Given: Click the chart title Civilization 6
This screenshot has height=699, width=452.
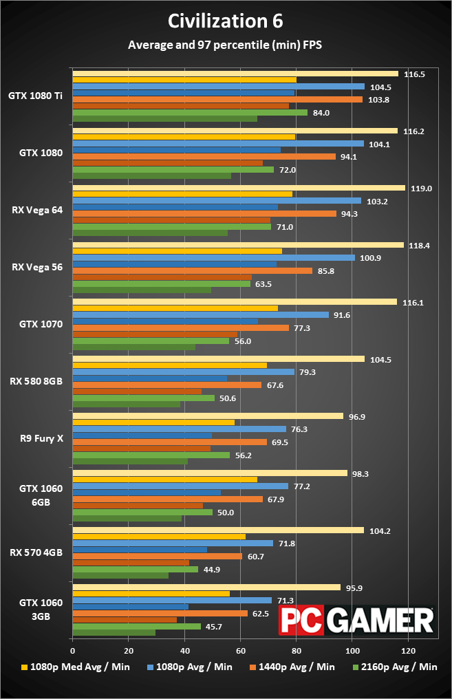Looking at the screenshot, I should tap(226, 21).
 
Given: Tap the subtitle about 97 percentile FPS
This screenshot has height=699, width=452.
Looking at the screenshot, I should tap(226, 45).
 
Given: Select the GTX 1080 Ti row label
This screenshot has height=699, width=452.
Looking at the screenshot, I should tap(36, 96).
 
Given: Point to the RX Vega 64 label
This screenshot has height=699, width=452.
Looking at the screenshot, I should tap(36, 210).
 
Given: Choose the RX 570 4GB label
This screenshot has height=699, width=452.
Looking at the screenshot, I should tap(36, 551).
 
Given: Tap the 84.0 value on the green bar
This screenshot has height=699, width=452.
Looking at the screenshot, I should tap(321, 113).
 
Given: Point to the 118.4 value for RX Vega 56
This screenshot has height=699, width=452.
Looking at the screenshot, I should tap(418, 245).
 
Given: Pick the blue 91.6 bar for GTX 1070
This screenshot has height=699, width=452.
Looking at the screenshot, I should tap(200, 314).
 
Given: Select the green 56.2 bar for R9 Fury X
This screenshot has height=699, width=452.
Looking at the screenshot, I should tap(151, 455).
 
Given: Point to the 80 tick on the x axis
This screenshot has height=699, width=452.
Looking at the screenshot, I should tap(296, 649).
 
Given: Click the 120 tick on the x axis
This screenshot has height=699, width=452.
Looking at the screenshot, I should tap(408, 649).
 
